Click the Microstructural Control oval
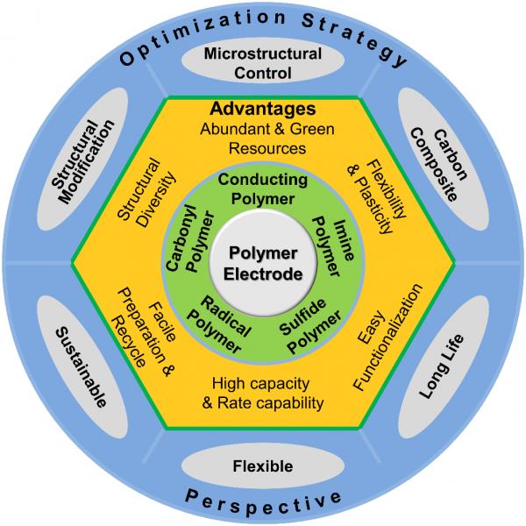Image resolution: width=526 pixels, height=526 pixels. [x=262, y=64]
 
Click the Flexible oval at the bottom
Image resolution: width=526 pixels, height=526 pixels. [x=263, y=466]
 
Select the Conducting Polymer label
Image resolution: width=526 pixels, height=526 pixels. [x=262, y=188]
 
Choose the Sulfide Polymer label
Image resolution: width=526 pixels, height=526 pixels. [x=309, y=320]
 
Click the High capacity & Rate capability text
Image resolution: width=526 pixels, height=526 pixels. [x=263, y=393]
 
